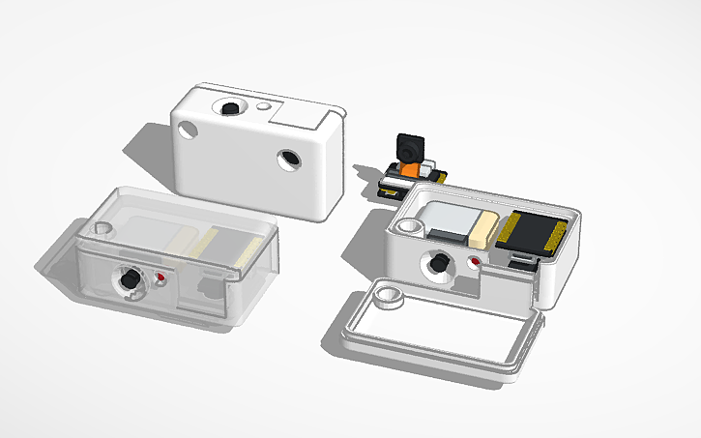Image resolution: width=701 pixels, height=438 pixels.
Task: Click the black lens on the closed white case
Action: (229, 108)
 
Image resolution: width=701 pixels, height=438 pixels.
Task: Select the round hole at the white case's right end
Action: (289, 161)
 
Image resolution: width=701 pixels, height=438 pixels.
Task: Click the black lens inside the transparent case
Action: (128, 279)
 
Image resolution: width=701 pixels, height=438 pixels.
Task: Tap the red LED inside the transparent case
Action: (161, 280)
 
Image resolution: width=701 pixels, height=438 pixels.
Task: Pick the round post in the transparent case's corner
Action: (100, 230)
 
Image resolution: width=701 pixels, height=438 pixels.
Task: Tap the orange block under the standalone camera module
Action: (412, 169)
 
